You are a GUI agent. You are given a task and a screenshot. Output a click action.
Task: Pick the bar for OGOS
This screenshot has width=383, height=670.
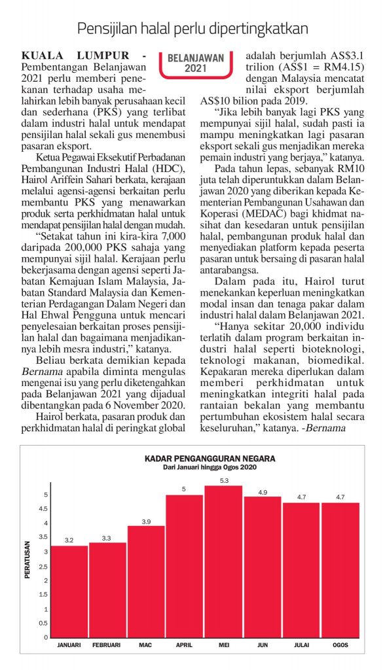tap(339, 569)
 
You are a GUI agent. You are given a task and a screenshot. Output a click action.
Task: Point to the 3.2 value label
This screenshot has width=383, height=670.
tap(69, 540)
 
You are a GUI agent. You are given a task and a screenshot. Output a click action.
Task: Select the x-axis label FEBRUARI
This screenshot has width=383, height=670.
tap(107, 645)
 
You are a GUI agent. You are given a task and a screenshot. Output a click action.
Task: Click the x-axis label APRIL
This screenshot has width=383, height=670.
tap(185, 645)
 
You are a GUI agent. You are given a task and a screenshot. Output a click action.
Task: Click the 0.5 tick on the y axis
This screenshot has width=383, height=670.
tap(45, 623)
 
